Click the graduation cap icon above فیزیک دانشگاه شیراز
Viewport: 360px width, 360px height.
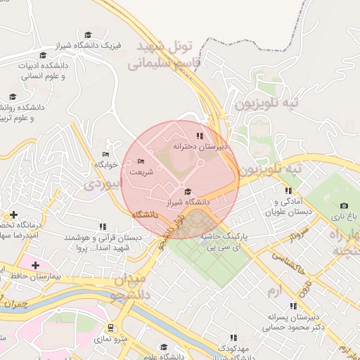pyautogui.click(x=88, y=34)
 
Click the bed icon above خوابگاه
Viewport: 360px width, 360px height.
pyautogui.click(x=105, y=155)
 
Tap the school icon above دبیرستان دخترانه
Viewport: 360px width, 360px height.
pyautogui.click(x=200, y=136)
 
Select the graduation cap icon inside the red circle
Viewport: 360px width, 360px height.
pyautogui.click(x=186, y=191)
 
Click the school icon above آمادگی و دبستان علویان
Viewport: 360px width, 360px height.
pyautogui.click(x=288, y=191)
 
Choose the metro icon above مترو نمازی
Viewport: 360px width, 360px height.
pyautogui.click(x=111, y=328)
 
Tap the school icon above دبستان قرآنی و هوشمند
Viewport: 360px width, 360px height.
pyautogui.click(x=103, y=226)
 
